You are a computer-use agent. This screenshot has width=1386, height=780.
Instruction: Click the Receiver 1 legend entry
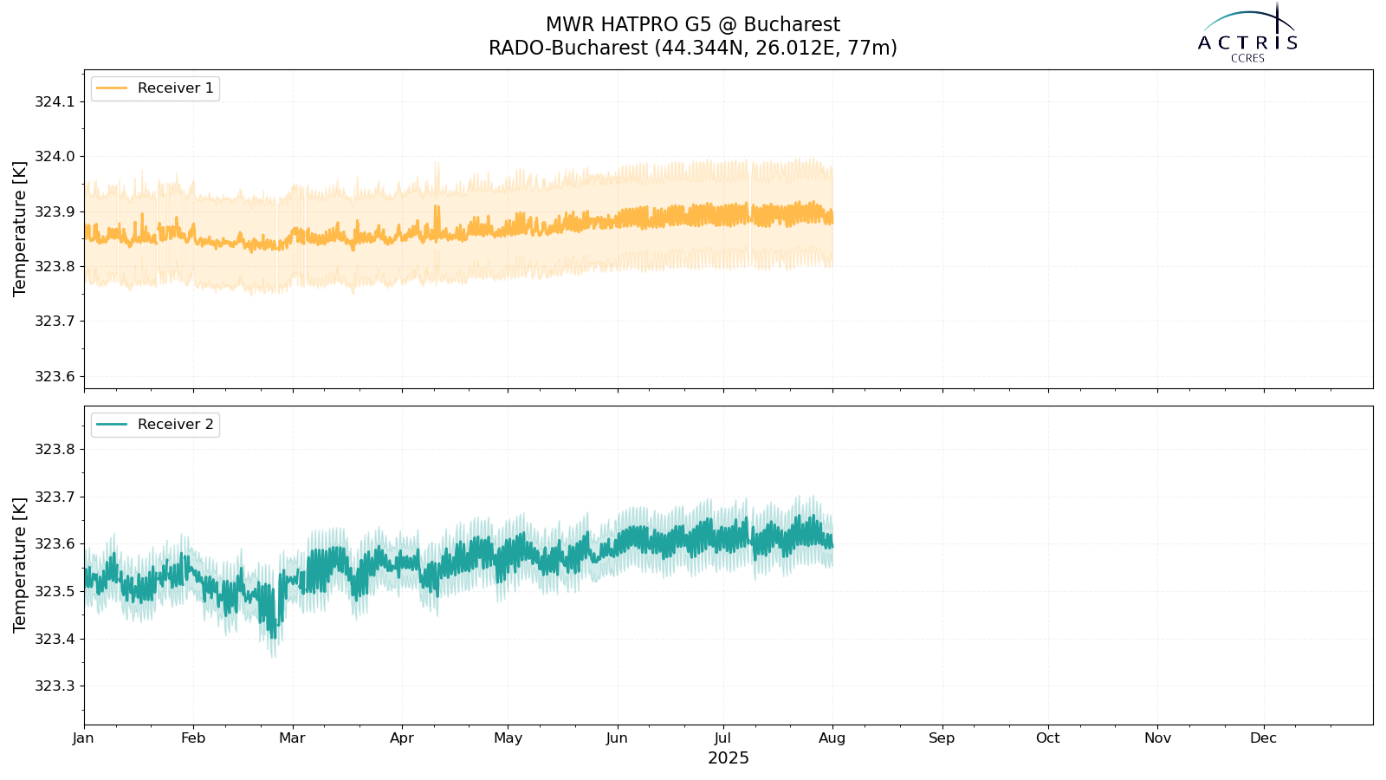(x=155, y=88)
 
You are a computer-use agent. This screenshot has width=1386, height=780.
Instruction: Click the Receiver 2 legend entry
(x=155, y=425)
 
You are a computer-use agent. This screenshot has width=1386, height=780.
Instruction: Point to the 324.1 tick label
(x=55, y=102)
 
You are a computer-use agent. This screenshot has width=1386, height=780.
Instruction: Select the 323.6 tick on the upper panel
(x=55, y=377)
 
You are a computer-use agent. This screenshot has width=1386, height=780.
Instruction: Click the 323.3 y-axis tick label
(x=55, y=686)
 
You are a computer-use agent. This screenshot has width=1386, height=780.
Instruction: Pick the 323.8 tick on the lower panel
(x=55, y=450)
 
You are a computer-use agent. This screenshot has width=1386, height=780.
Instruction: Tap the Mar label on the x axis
(x=292, y=738)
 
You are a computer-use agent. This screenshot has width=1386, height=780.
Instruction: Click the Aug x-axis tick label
(x=832, y=738)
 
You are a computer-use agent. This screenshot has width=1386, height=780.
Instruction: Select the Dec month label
(x=1263, y=738)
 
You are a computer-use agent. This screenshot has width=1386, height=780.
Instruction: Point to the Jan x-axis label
(x=83, y=738)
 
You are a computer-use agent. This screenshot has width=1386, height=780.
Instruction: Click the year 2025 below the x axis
(x=729, y=758)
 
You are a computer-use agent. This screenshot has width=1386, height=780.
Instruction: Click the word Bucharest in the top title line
(x=792, y=25)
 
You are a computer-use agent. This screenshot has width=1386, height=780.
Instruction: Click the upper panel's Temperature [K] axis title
(x=20, y=229)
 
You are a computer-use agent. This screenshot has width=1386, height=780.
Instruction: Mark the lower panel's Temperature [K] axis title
(x=20, y=565)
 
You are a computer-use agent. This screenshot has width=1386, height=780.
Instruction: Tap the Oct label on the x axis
(x=1047, y=738)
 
